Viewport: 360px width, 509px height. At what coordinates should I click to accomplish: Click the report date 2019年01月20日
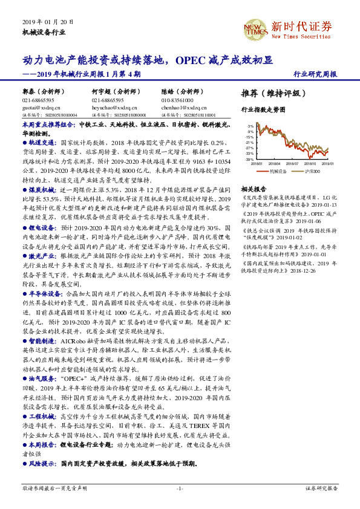click(47, 22)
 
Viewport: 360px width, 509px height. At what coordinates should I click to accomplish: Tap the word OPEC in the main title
click(191, 60)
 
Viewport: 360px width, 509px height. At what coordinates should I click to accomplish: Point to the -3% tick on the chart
click(250, 126)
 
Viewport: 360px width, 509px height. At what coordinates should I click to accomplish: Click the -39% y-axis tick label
click(249, 159)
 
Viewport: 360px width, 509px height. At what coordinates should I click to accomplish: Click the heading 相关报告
click(252, 188)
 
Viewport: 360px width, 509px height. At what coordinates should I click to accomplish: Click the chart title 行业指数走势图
click(264, 111)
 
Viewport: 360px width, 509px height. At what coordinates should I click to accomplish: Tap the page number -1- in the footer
click(180, 487)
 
